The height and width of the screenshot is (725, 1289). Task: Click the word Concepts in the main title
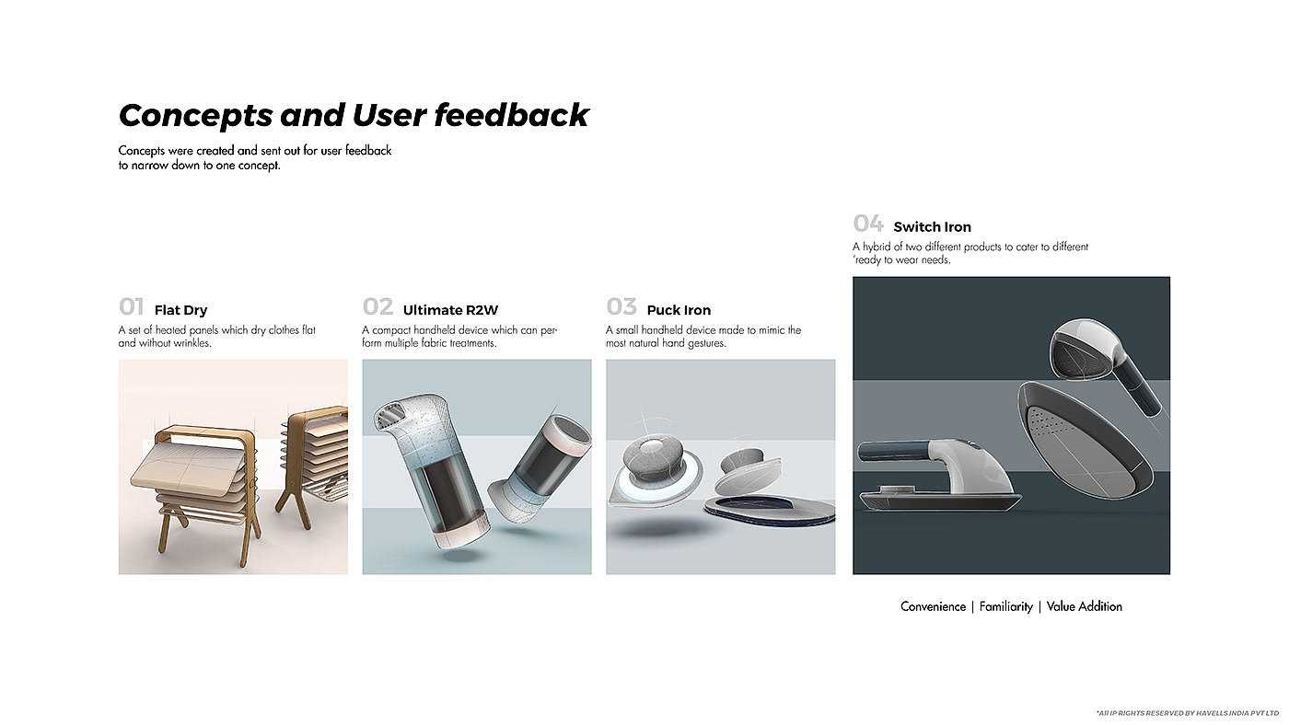point(195,116)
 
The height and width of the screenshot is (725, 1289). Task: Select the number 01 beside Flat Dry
point(131,307)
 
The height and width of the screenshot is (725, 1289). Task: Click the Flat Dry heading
point(180,310)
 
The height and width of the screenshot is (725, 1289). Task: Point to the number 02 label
point(377,307)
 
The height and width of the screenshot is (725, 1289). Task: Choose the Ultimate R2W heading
point(450,310)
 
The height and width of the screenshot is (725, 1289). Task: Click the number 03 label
point(621,307)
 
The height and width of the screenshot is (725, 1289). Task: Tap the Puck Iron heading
point(679,310)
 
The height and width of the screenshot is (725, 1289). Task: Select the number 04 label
point(868,223)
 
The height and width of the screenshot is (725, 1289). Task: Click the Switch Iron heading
point(932,227)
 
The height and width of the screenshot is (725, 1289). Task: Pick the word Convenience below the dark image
point(933,606)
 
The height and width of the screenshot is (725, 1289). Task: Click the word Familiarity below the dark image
point(1005,607)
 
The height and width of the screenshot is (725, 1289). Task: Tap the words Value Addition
point(1085,606)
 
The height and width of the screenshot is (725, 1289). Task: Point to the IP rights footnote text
point(1188,714)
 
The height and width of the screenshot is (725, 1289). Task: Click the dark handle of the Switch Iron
point(895,450)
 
